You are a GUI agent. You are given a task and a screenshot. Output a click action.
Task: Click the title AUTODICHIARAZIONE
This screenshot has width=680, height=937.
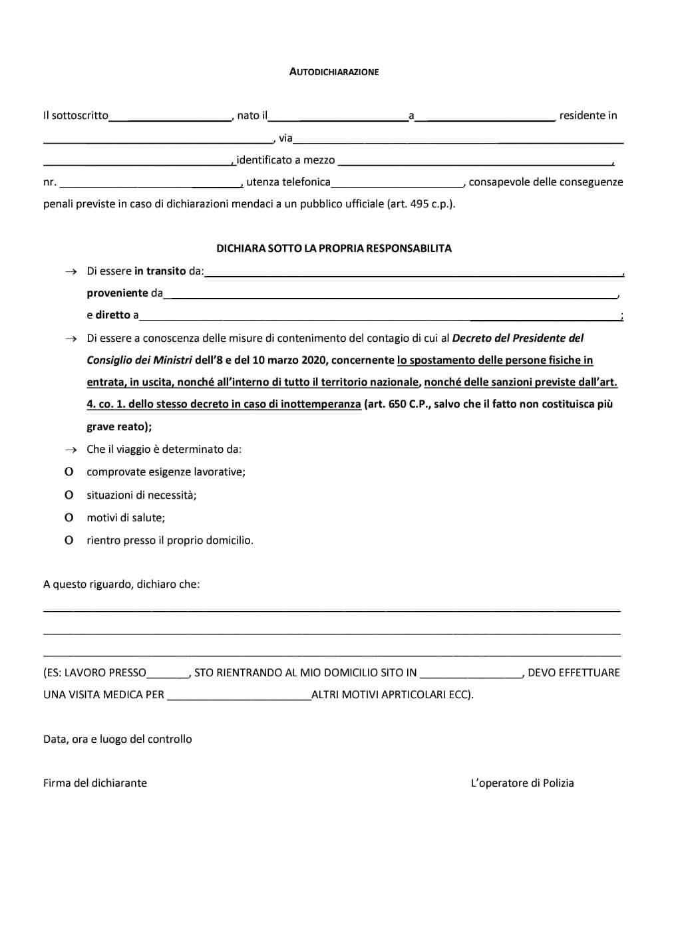click(334, 72)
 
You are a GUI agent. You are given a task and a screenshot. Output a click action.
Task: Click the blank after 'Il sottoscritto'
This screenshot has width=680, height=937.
click(170, 117)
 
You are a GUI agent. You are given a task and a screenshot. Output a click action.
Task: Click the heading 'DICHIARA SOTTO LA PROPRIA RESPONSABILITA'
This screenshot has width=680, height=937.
click(334, 248)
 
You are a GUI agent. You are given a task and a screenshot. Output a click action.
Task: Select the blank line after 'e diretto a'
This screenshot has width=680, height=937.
click(379, 317)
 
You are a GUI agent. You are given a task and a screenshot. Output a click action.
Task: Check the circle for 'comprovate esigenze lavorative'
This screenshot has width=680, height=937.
click(69, 472)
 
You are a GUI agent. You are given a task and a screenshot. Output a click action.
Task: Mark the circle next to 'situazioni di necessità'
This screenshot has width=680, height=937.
click(69, 495)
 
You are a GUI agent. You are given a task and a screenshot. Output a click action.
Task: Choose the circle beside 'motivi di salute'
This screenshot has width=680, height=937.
click(69, 517)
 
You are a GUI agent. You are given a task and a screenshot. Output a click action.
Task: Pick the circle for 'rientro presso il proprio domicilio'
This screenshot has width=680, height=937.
click(69, 540)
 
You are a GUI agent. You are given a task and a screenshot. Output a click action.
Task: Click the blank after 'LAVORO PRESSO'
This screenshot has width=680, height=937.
click(168, 674)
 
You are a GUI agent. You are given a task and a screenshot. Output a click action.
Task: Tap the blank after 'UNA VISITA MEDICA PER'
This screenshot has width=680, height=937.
click(239, 696)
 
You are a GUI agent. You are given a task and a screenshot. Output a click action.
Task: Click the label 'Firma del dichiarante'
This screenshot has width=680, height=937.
click(95, 783)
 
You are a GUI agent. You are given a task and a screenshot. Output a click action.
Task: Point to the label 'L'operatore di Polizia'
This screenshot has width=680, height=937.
click(522, 783)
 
